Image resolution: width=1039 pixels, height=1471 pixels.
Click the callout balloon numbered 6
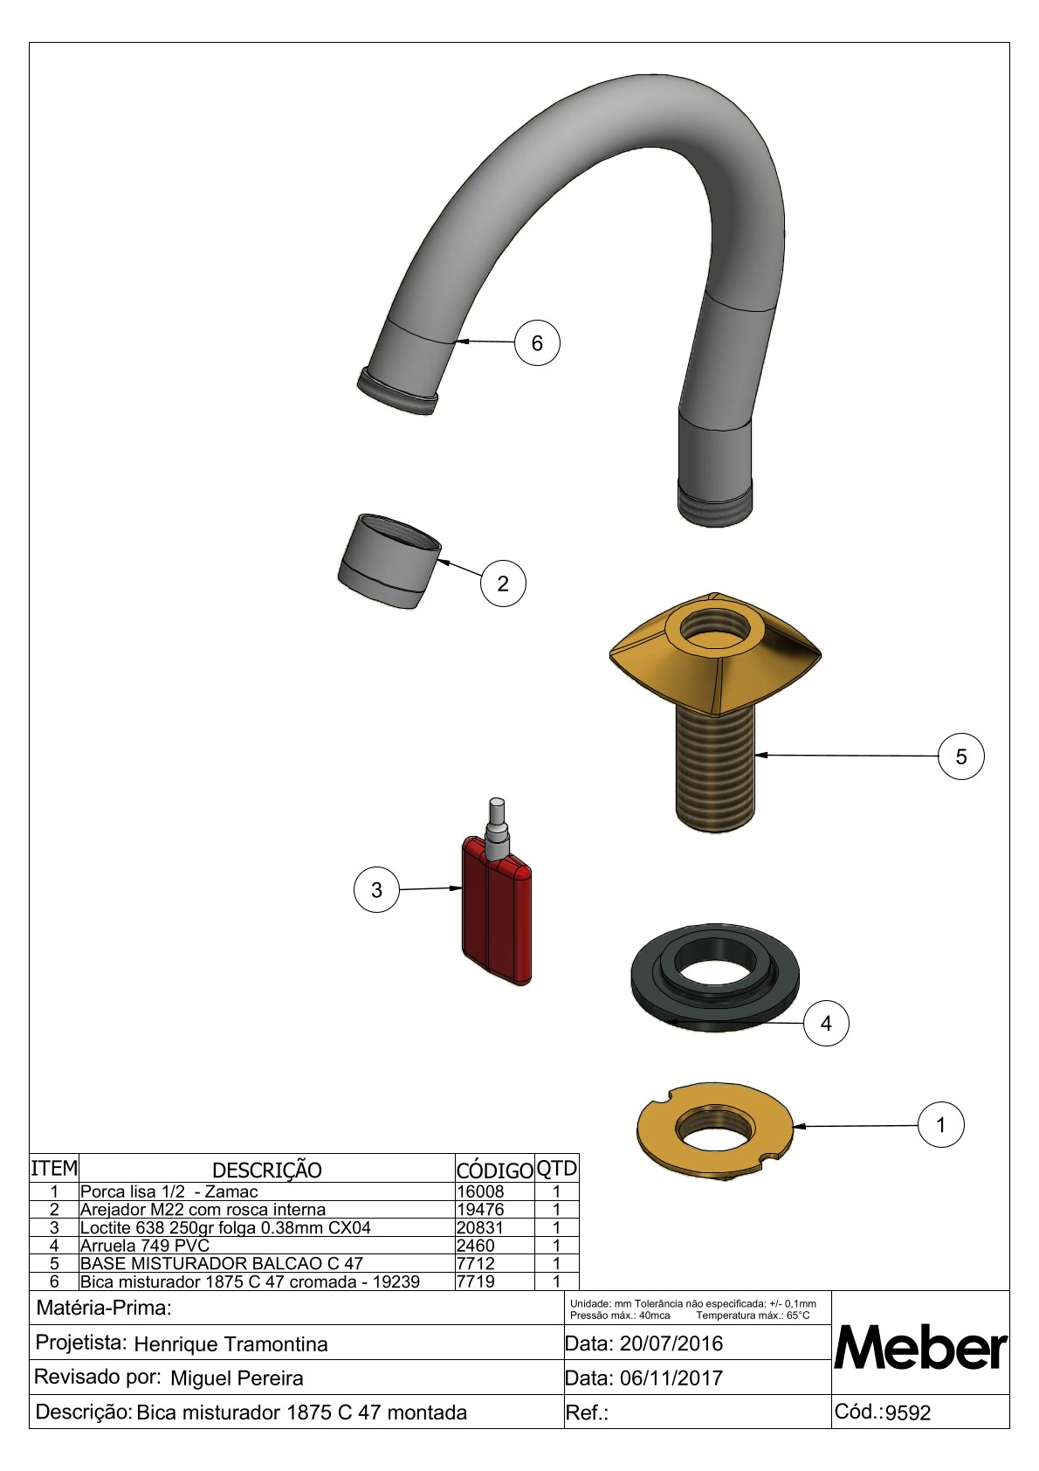(537, 342)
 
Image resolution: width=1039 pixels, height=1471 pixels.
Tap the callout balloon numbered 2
(503, 584)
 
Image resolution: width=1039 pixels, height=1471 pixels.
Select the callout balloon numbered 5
(961, 756)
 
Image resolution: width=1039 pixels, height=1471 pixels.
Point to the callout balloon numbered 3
(376, 890)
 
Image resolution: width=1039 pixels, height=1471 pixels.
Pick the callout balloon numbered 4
(826, 1023)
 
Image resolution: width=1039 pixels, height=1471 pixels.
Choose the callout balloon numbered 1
(940, 1125)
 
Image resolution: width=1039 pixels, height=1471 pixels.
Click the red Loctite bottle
(497, 909)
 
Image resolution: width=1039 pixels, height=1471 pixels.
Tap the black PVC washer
(715, 976)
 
